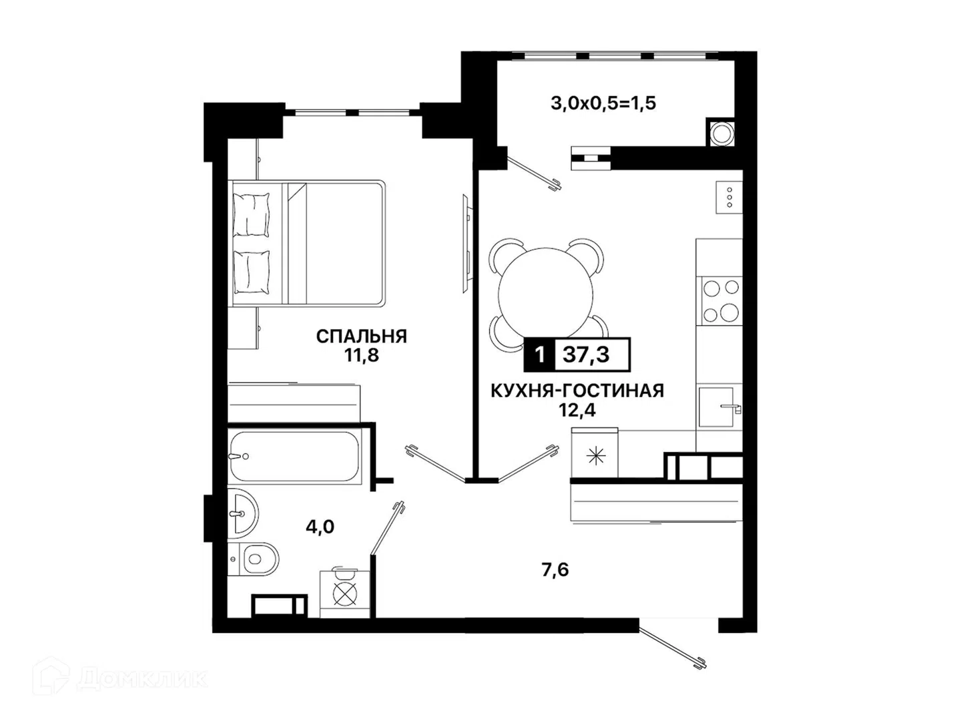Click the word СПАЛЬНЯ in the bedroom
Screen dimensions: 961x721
361,336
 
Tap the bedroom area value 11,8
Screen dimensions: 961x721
361,355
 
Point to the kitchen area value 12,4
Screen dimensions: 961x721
577,410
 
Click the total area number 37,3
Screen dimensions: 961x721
586,354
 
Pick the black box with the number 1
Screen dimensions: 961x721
539,354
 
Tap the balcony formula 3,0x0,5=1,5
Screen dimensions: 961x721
603,103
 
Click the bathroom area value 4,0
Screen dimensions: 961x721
320,527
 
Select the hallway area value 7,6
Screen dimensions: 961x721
555,570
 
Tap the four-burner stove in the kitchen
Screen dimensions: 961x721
721,300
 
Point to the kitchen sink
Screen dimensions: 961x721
718,407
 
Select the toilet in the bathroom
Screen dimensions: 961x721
255,559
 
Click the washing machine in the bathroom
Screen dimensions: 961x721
345,593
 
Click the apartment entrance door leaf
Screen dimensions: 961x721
673,647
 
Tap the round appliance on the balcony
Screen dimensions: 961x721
721,132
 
